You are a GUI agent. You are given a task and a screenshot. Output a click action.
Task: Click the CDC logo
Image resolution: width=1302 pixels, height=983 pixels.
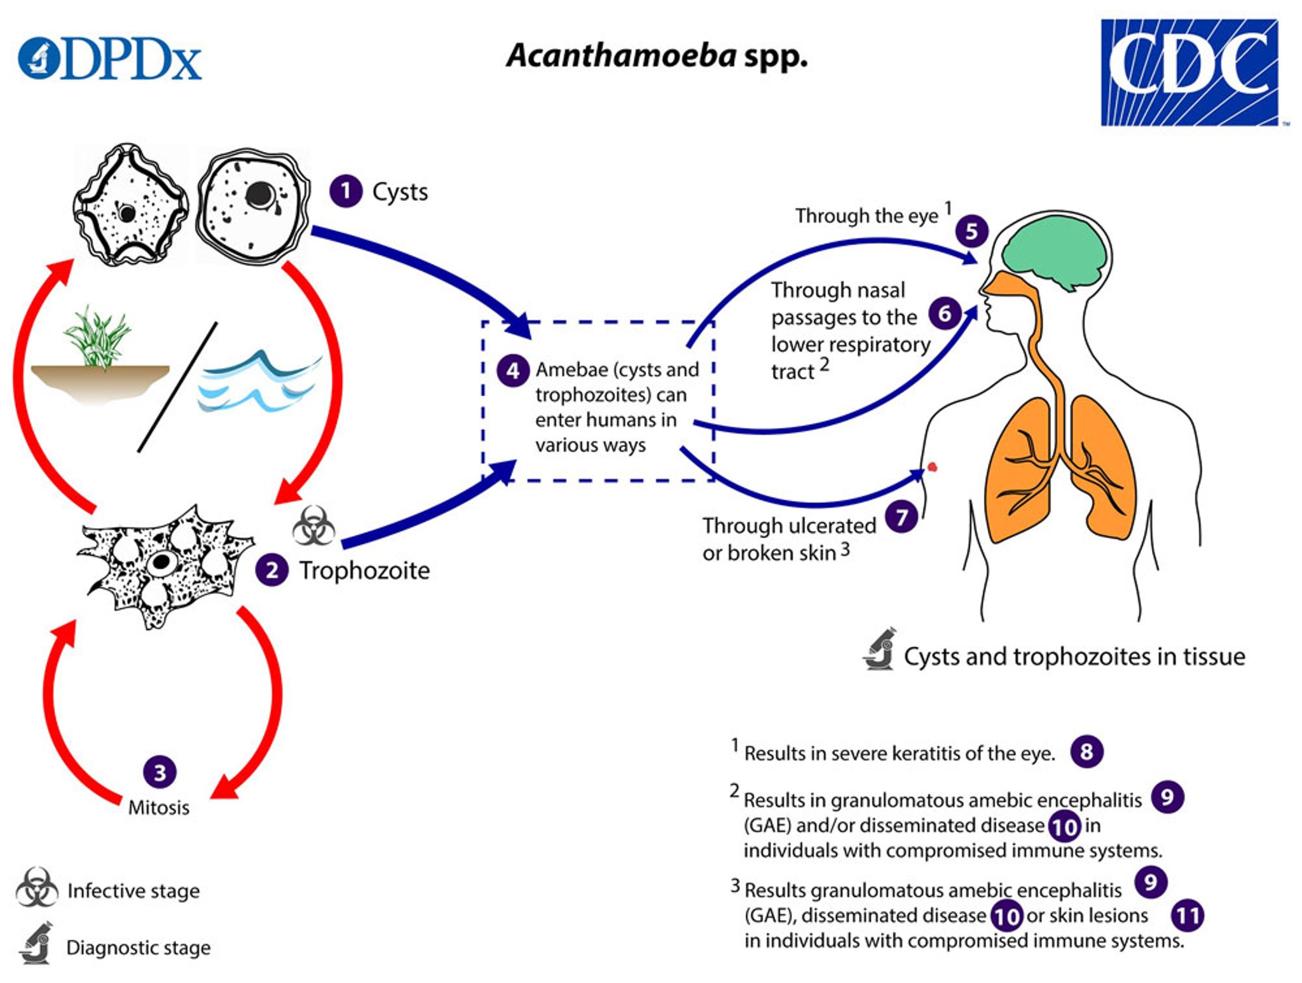pyautogui.click(x=1189, y=72)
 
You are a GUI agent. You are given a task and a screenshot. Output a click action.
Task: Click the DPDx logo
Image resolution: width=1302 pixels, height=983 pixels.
pyautogui.click(x=109, y=59)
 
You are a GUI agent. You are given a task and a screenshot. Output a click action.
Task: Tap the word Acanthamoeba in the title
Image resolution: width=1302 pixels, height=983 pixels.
pyautogui.click(x=621, y=56)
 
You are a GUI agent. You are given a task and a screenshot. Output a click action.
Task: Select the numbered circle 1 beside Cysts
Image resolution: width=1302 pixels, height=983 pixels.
pyautogui.click(x=346, y=191)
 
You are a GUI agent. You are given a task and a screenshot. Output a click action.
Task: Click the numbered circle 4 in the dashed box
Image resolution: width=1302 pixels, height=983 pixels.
pyautogui.click(x=512, y=371)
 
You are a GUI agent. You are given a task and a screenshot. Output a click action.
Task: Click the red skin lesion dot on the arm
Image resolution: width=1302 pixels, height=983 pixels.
pyautogui.click(x=933, y=467)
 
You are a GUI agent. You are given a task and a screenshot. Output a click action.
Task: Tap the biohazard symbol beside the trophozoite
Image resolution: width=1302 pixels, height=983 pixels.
pyautogui.click(x=313, y=526)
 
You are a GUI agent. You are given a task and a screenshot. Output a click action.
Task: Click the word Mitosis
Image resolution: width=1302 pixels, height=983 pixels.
pyautogui.click(x=159, y=808)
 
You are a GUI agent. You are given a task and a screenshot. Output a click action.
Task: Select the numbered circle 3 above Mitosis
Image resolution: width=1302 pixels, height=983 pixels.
pyautogui.click(x=160, y=772)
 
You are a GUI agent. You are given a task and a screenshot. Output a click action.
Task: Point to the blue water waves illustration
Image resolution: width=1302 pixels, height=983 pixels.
pyautogui.click(x=257, y=382)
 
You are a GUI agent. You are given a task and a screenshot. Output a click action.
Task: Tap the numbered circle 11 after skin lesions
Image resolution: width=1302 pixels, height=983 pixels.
pyautogui.click(x=1187, y=916)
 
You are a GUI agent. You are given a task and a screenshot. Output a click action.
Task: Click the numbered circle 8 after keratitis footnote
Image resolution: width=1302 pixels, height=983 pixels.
pyautogui.click(x=1086, y=752)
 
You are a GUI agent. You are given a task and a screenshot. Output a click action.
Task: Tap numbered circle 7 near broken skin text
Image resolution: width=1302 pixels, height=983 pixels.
pyautogui.click(x=901, y=517)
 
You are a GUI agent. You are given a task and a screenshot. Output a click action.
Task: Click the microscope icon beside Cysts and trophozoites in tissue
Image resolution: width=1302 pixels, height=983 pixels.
pyautogui.click(x=881, y=649)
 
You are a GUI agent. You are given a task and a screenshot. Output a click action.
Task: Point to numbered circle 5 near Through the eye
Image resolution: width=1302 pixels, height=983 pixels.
pyautogui.click(x=971, y=231)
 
